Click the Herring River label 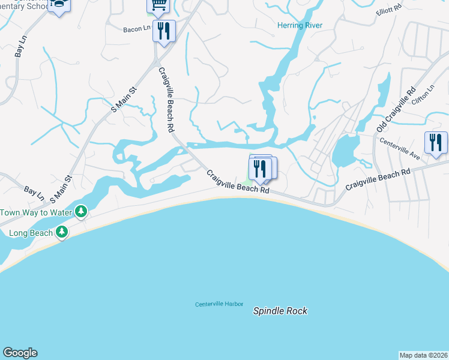click(x=300, y=25)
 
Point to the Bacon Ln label click(x=136, y=29)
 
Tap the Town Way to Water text click(x=35, y=212)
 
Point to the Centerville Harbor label click(x=218, y=304)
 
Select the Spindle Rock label click(x=280, y=311)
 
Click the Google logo click(x=20, y=353)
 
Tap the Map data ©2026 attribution click(x=424, y=355)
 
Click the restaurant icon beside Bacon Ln click(x=164, y=29)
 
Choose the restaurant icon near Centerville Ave click(x=436, y=143)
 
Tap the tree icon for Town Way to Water click(x=81, y=211)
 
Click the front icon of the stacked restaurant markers click(x=259, y=168)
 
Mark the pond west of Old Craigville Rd click(x=345, y=150)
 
